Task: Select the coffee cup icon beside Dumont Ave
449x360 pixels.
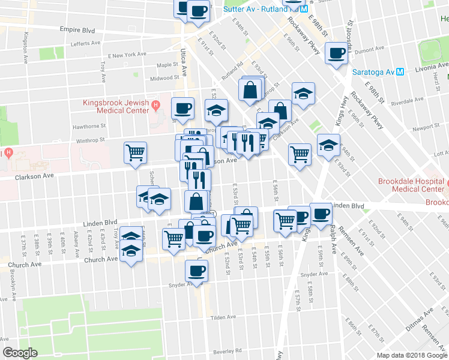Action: [336, 53]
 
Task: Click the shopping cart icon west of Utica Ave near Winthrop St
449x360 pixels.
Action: [135, 152]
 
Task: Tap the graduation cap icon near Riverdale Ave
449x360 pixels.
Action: [304, 93]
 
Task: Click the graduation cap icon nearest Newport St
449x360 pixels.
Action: [328, 145]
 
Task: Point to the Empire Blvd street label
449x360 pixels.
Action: [77, 29]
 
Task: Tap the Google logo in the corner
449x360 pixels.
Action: [20, 353]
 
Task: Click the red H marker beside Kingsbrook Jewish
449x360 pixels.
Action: [155, 106]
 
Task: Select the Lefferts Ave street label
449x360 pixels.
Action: [85, 43]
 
